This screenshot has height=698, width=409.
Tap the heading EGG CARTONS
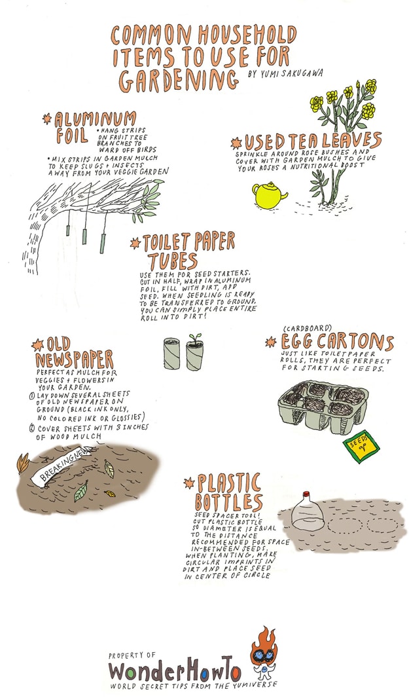point(336,342)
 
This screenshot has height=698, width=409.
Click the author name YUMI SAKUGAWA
point(286,74)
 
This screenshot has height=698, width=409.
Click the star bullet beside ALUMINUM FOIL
point(46,119)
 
